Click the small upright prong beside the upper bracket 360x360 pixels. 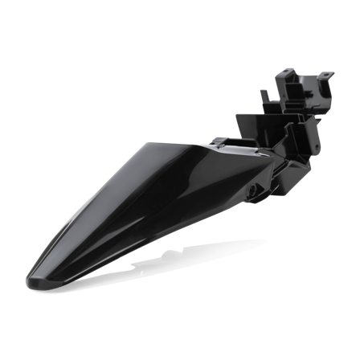pos(263,96)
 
